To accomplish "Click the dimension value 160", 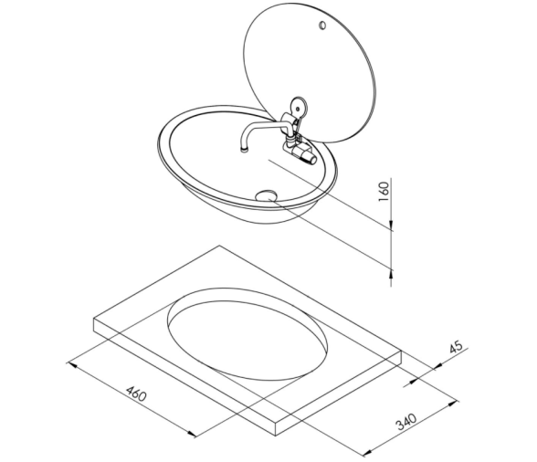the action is tap(384, 191).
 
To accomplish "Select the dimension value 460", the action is tap(136, 394).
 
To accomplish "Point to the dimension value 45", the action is tap(456, 346).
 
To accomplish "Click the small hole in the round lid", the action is tap(321, 26).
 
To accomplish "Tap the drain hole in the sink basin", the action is tap(266, 195).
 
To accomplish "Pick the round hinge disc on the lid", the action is tap(299, 108).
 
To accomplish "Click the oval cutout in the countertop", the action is tap(247, 334).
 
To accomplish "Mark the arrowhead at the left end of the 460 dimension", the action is tap(71, 364).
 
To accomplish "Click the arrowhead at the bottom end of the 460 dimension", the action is tap(193, 434).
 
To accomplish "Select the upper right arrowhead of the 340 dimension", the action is tap(453, 404).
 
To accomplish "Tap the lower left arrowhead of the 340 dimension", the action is tap(367, 453).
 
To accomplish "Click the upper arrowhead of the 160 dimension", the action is tap(391, 225).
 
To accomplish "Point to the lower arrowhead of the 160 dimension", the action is tap(391, 274).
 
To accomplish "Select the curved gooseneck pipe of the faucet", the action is tap(260, 131).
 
